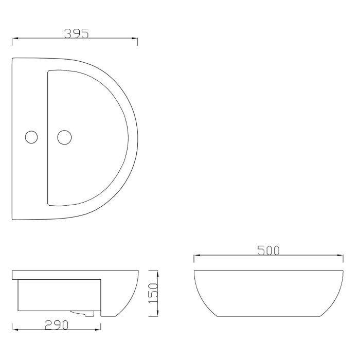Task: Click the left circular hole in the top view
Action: point(32,137)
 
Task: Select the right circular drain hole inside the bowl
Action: point(64,137)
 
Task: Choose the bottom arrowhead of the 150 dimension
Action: point(156,313)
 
